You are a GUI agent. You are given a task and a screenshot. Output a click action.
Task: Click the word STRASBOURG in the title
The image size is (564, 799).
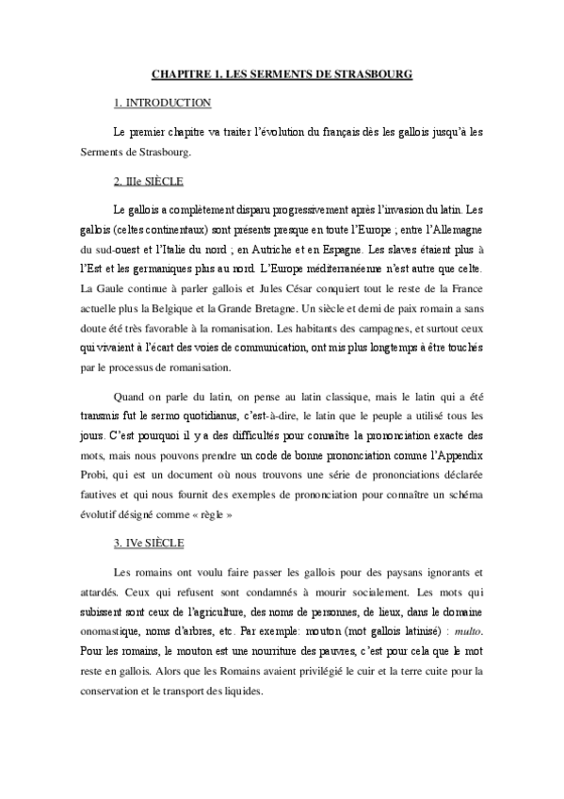click(x=373, y=73)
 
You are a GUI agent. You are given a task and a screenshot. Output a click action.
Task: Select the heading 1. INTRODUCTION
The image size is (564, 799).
click(x=162, y=103)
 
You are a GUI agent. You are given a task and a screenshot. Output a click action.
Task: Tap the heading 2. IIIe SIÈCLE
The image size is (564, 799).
click(x=149, y=180)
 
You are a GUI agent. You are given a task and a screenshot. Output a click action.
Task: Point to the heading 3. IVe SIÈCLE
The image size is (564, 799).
click(x=149, y=545)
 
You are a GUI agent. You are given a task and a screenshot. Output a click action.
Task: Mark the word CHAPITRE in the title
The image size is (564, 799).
click(x=181, y=73)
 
